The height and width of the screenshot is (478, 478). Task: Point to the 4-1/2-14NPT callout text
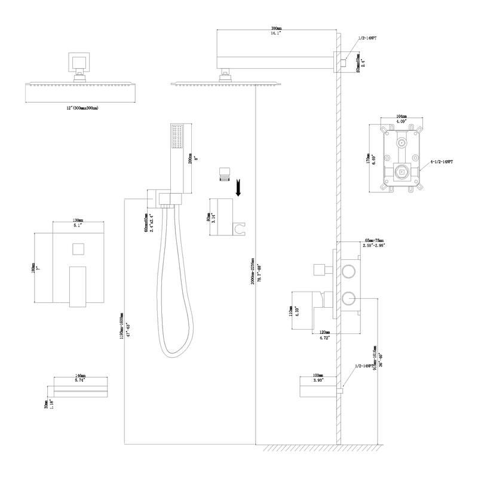[440, 161]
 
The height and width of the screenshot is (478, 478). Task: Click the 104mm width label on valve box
[402, 117]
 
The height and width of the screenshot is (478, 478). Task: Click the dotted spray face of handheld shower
[176, 137]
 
